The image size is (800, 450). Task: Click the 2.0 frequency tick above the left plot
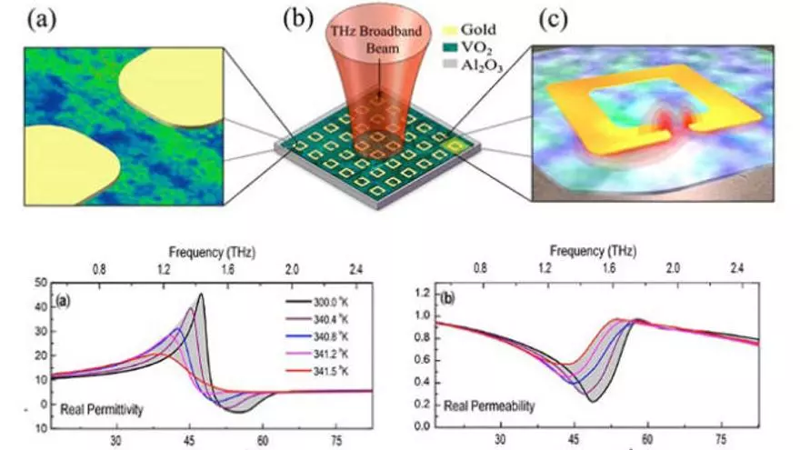pyautogui.click(x=292, y=270)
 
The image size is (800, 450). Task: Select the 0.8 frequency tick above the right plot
pyautogui.click(x=479, y=270)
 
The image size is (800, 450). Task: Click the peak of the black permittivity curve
pyautogui.click(x=201, y=294)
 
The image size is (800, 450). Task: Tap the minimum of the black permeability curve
pyautogui.click(x=592, y=401)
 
